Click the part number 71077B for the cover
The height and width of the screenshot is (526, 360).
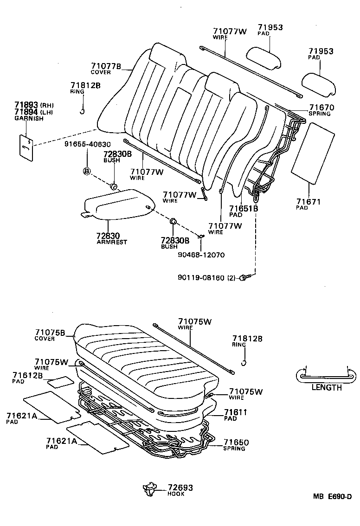point(105,66)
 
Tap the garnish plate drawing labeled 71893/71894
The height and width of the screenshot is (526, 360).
point(27,148)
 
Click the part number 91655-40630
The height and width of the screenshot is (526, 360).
point(87,144)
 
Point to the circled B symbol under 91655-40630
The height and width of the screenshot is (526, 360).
point(86,172)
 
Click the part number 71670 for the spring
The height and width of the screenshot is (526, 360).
point(321,108)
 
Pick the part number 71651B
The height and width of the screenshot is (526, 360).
point(243,209)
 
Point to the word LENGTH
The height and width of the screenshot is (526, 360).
point(326,388)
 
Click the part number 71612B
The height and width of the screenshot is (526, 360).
point(28,375)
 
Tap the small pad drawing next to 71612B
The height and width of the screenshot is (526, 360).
point(59,382)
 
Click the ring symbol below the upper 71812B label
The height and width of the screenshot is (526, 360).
point(82,110)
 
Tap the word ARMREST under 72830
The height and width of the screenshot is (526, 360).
point(111,242)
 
